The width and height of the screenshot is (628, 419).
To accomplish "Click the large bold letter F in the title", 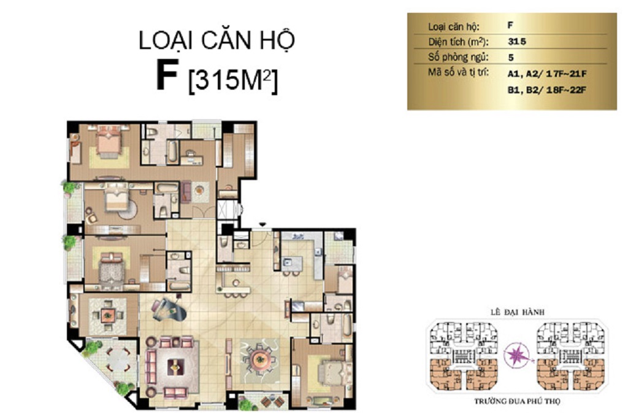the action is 167,77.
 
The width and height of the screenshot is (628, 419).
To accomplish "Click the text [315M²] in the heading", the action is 232,80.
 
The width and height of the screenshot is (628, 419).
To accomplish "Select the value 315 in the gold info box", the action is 516,41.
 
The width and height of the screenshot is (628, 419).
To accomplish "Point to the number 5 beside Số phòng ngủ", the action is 511,57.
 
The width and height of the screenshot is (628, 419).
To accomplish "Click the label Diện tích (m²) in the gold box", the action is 458,42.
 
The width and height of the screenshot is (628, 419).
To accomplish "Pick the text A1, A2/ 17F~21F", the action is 546,74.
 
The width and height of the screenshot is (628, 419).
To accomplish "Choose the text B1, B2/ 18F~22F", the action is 546,90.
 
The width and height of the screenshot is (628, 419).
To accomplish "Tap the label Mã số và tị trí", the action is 458,73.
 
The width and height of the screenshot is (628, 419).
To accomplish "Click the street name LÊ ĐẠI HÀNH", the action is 517,312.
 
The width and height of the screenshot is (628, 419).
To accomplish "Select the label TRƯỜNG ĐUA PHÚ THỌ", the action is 517,401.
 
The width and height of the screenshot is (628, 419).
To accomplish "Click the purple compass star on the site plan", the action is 517,356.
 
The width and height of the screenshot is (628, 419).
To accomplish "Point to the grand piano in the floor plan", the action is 168,308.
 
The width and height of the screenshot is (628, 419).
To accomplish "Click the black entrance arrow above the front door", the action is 262,225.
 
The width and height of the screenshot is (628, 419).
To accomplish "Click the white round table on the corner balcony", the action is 117,359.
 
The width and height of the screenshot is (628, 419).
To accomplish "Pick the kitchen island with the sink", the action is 293,264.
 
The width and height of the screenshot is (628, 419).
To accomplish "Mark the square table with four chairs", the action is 107,315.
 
